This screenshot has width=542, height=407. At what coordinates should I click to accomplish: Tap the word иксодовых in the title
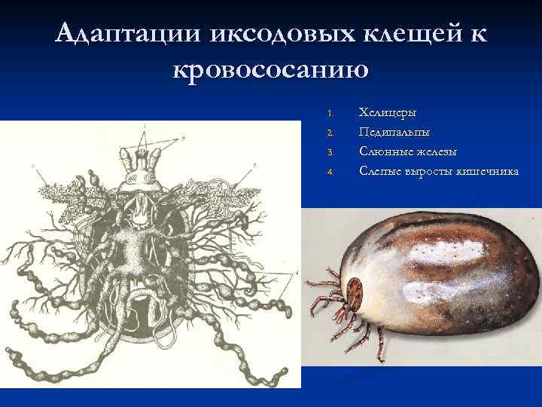(282, 34)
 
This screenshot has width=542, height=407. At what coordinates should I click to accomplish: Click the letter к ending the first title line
(478, 34)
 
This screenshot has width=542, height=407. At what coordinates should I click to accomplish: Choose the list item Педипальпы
(394, 133)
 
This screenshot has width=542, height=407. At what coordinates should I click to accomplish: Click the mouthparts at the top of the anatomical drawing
(143, 162)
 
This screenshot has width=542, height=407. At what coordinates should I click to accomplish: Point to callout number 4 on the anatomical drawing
(297, 272)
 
